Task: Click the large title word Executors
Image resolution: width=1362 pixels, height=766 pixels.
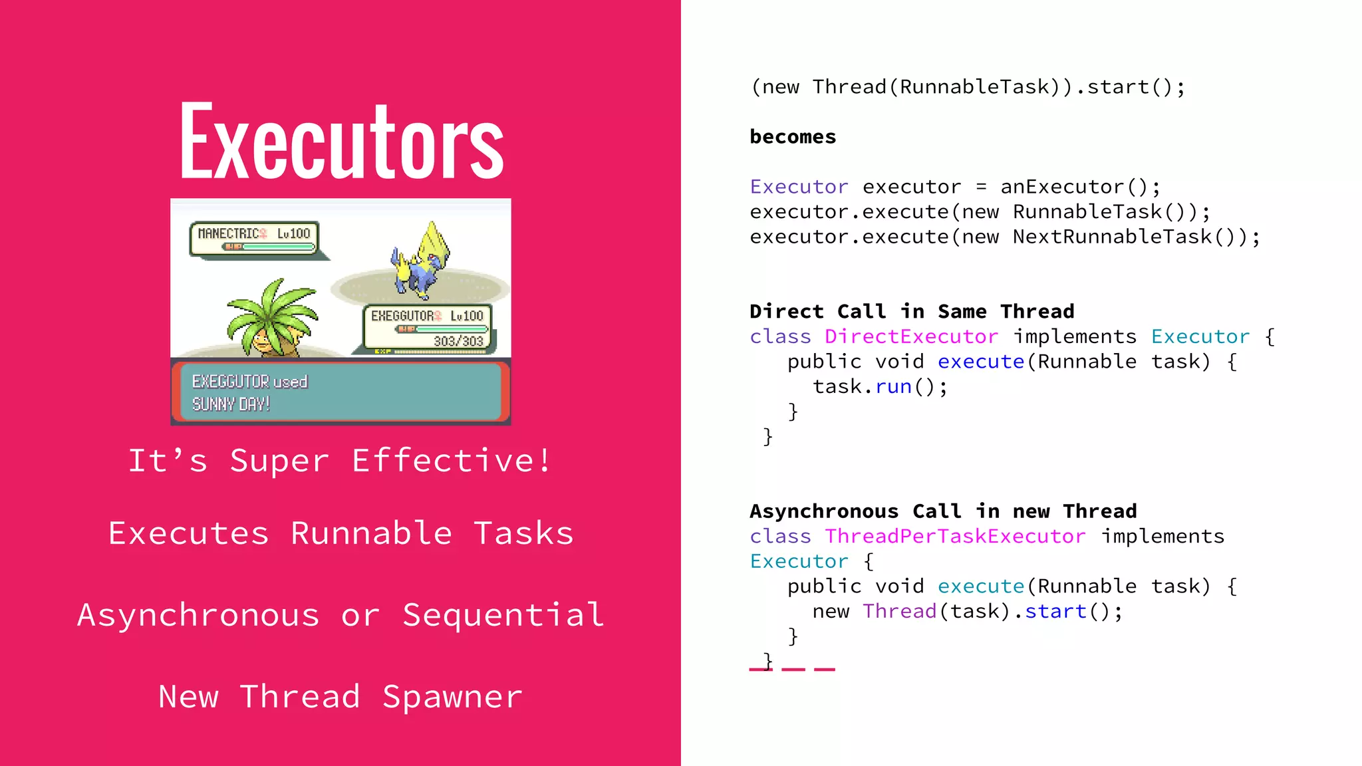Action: (x=341, y=141)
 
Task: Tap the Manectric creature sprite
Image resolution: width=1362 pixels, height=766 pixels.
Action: (x=420, y=262)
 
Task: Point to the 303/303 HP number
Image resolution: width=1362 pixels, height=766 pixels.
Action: (x=458, y=341)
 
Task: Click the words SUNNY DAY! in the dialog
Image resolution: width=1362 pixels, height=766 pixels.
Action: (x=231, y=404)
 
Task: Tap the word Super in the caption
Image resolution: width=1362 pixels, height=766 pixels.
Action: (x=279, y=461)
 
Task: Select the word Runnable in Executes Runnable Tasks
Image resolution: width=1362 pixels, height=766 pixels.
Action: (x=371, y=533)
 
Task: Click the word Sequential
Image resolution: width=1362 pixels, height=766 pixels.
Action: (x=503, y=615)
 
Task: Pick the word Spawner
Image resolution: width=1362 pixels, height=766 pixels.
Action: (x=452, y=697)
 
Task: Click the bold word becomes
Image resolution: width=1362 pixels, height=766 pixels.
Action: (x=793, y=137)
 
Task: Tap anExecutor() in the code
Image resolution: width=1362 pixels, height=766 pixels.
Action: (x=1080, y=187)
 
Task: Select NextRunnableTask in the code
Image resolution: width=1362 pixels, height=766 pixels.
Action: (x=1112, y=237)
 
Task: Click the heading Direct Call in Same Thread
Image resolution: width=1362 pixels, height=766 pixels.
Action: (x=912, y=311)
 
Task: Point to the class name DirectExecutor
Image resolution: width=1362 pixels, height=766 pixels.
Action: (x=911, y=336)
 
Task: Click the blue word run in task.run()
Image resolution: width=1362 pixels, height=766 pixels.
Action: (x=893, y=386)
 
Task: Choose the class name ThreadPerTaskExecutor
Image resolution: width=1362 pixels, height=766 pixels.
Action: (x=955, y=536)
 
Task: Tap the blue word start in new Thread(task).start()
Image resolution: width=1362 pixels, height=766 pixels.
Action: (x=1055, y=611)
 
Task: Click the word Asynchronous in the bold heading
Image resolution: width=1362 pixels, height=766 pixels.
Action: (x=824, y=511)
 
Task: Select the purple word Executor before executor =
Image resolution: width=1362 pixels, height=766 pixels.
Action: (x=799, y=187)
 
